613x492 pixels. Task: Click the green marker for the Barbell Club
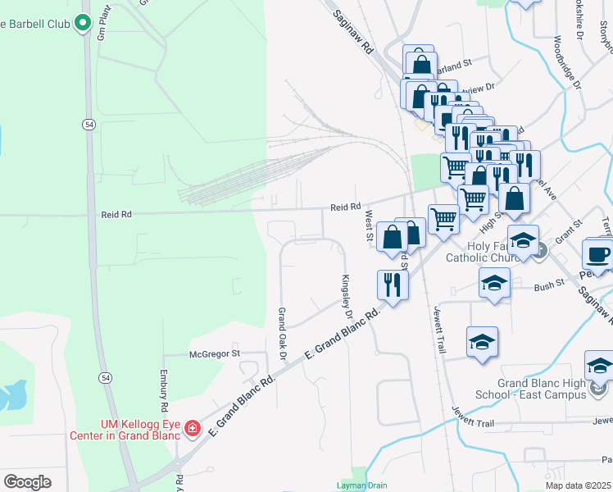(83, 23)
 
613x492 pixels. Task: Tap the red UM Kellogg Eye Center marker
(193, 428)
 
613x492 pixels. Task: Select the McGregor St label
(213, 353)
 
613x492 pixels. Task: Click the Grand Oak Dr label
(281, 333)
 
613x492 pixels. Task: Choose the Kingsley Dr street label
(347, 297)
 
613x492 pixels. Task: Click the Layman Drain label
(361, 485)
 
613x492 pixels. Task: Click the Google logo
(27, 482)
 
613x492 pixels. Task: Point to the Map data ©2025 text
(579, 485)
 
